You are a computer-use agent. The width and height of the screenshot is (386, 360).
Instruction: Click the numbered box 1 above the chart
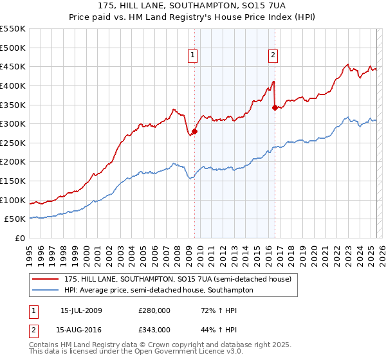click(193, 55)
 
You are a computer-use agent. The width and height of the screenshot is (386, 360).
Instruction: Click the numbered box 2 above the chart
click(273, 55)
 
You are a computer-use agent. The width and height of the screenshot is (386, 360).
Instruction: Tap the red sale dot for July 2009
click(194, 132)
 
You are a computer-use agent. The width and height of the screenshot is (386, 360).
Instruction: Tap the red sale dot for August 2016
click(275, 108)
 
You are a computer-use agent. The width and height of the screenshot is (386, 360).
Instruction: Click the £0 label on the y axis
click(20, 238)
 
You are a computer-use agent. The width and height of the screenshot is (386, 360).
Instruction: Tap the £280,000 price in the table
click(154, 310)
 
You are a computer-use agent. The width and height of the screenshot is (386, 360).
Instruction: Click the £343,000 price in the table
click(154, 329)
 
